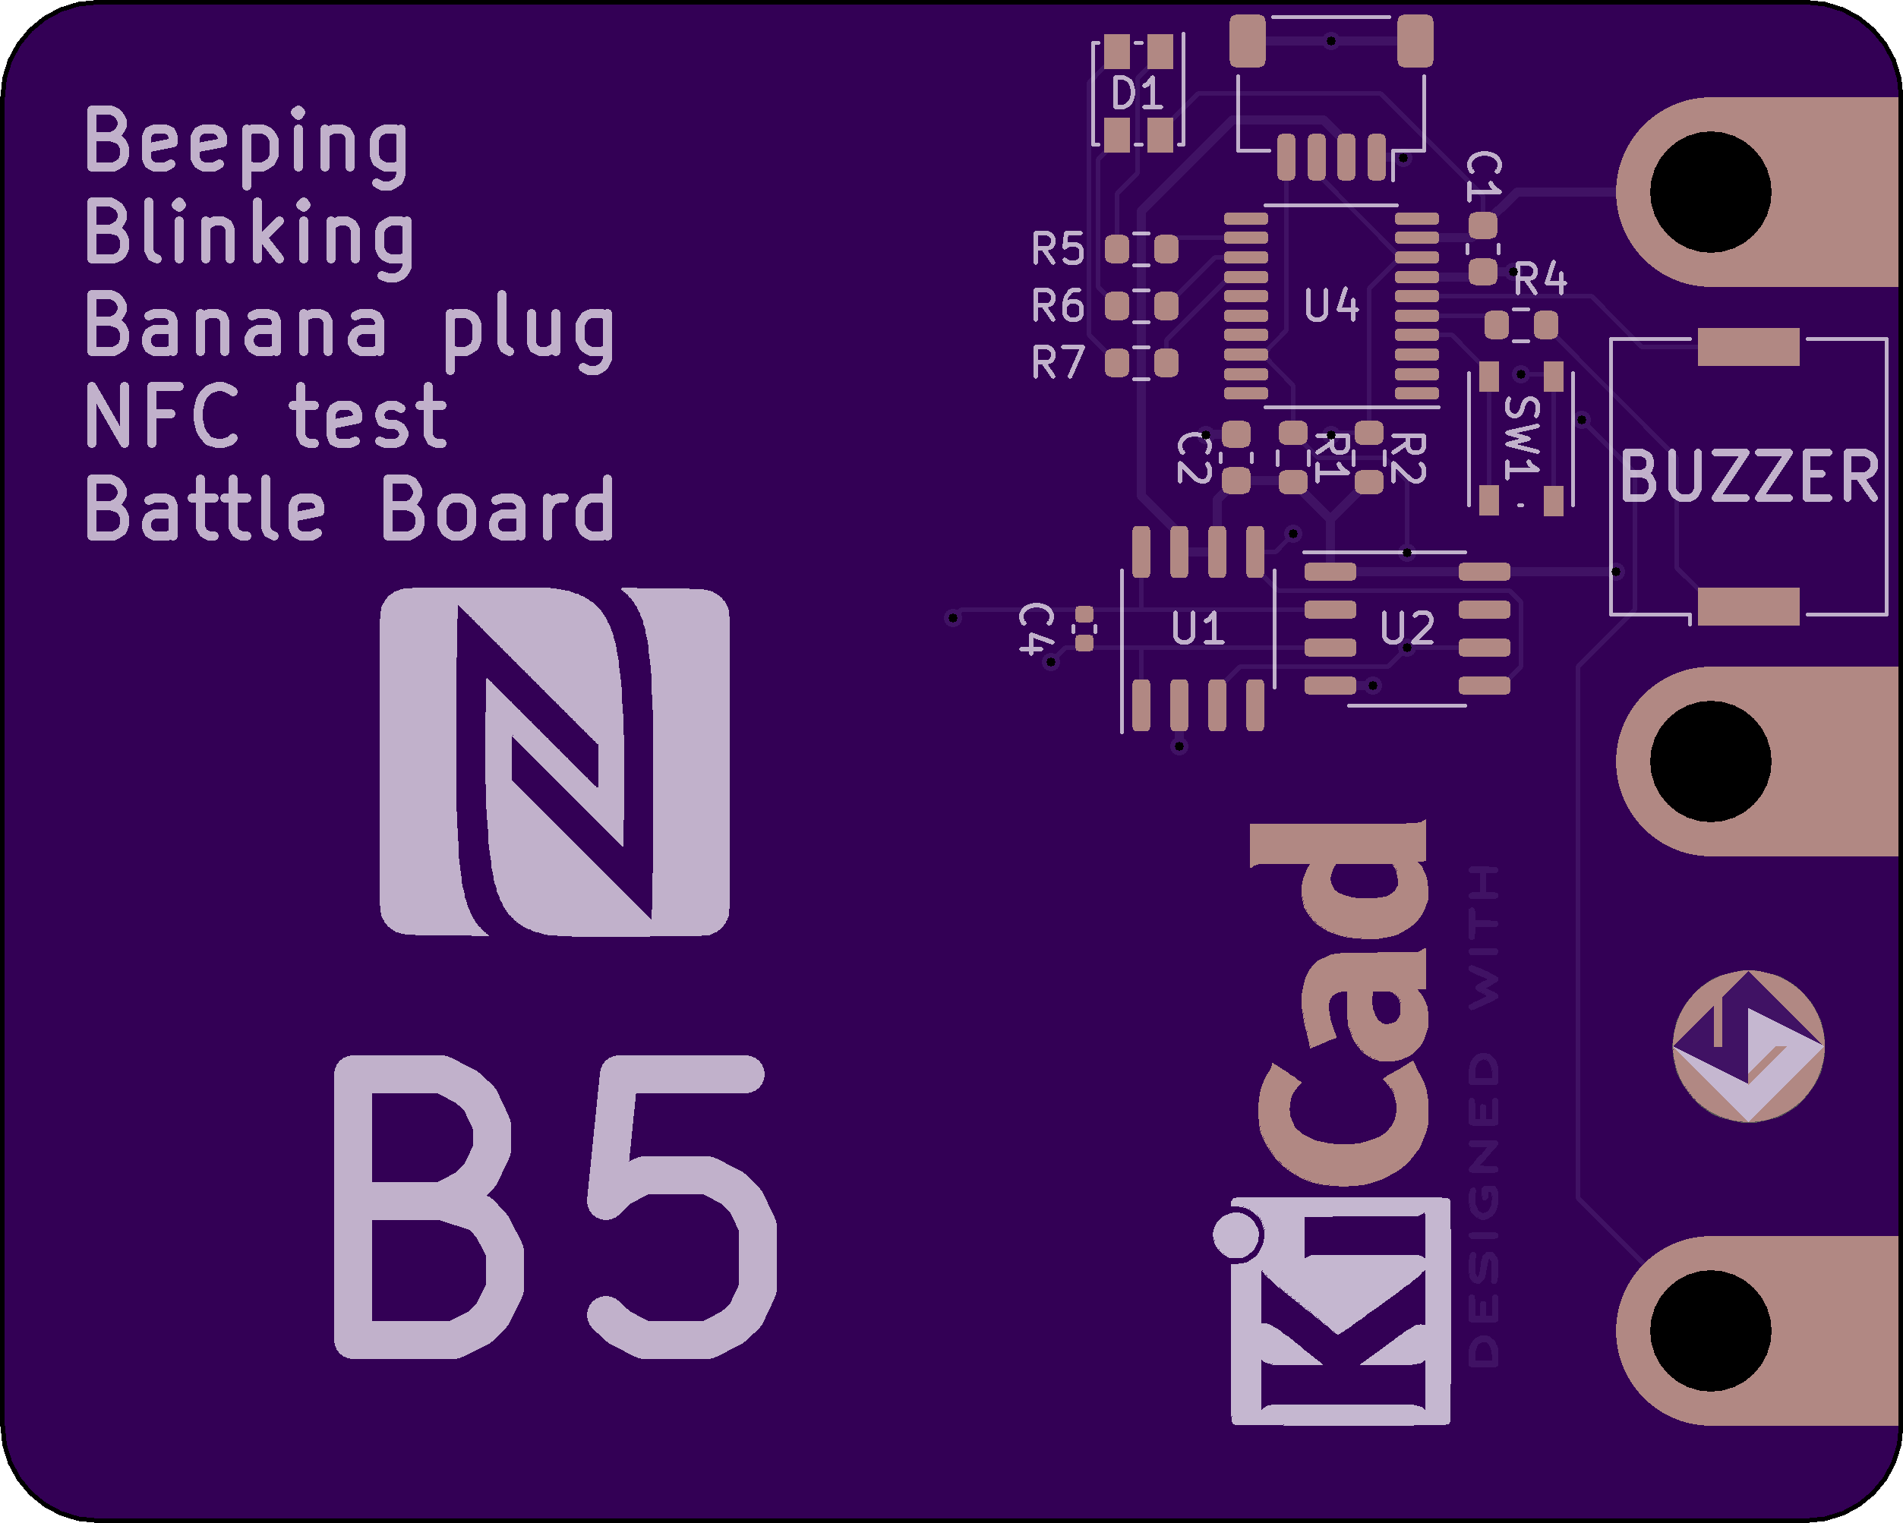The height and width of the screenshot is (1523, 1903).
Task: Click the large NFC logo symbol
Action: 554,761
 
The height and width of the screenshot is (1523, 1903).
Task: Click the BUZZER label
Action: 1750,477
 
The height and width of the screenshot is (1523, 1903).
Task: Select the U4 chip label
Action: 1331,306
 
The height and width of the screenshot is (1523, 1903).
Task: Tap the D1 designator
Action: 1137,93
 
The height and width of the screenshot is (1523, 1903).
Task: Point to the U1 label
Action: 1197,629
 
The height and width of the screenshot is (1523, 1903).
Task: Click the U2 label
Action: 1407,629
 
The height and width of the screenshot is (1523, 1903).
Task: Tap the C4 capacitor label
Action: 1037,629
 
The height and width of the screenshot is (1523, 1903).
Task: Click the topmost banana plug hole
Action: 1709,192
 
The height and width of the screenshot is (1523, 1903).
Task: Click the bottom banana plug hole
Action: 1709,1331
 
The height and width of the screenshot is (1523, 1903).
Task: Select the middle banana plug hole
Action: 1709,761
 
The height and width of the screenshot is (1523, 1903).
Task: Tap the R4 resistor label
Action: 1540,279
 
